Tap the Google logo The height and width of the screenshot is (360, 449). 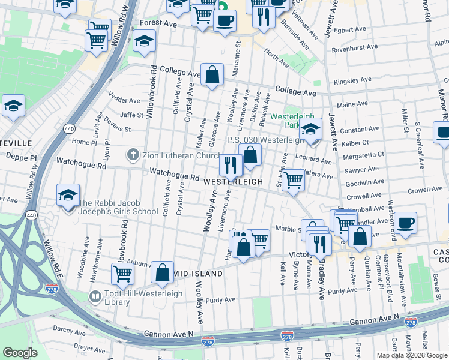[20, 353]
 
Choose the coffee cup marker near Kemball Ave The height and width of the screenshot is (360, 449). [406, 223]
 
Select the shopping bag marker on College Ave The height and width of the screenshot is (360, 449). [212, 75]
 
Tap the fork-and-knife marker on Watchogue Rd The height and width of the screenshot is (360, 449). [231, 165]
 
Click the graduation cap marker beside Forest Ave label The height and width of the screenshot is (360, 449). [144, 41]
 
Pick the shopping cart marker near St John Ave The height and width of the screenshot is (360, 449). [293, 179]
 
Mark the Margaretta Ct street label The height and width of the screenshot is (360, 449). [363, 154]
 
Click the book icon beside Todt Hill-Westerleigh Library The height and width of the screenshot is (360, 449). [95, 297]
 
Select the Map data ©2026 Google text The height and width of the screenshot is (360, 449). [411, 355]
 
